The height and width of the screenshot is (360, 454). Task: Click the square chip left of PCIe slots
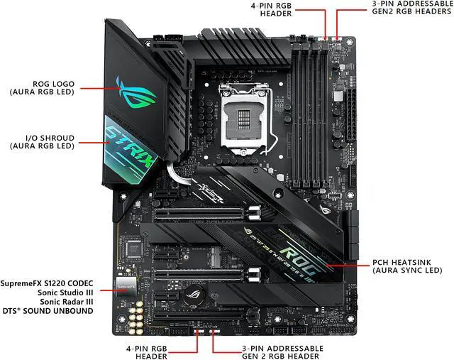[x=132, y=246]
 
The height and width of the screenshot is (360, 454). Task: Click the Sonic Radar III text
[x=67, y=302]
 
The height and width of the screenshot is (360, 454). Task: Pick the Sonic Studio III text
[x=65, y=292]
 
